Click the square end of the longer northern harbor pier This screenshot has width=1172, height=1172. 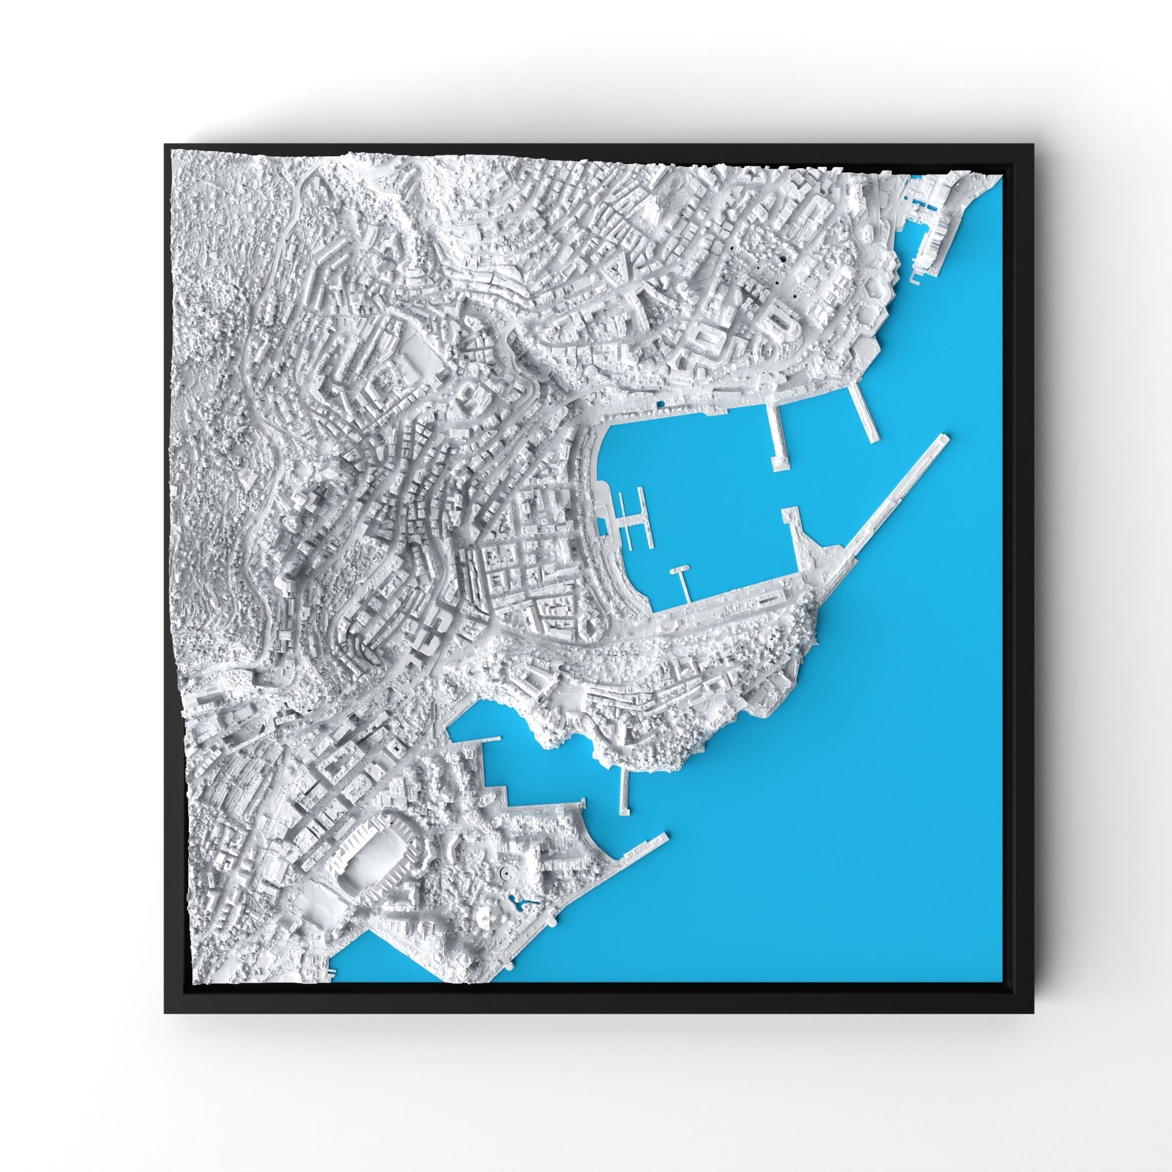point(779,463)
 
